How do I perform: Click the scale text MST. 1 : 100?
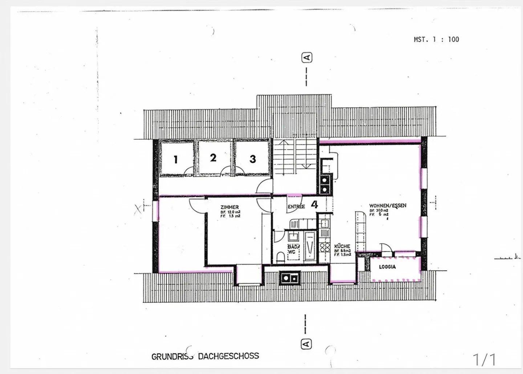[x=436, y=39]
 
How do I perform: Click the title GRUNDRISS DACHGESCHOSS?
[x=205, y=356]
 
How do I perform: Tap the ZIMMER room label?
[x=230, y=207]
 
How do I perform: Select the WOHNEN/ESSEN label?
[x=388, y=205]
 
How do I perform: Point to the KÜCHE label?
[x=342, y=246]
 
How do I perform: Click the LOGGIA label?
[x=387, y=267]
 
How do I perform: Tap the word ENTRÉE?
[x=296, y=206]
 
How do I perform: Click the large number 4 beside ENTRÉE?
[x=315, y=204]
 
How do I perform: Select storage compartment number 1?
[x=176, y=159]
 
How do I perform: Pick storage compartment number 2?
[x=213, y=158]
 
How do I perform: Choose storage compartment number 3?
[x=253, y=159]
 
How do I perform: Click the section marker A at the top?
[x=307, y=58]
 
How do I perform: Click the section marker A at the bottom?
[x=306, y=343]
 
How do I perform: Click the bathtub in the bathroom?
[x=310, y=246]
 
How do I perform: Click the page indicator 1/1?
[x=485, y=359]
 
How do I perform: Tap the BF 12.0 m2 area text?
[x=230, y=212]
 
